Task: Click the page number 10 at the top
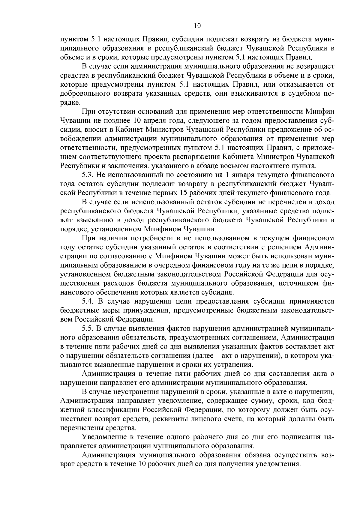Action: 197,26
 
